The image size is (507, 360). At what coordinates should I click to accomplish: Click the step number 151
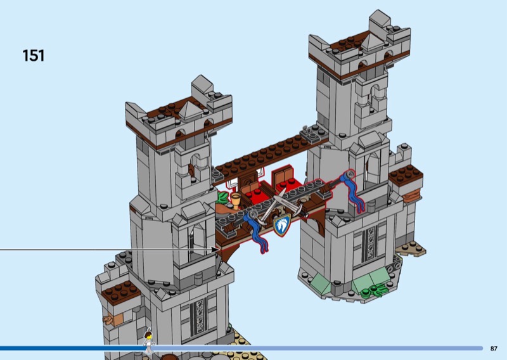pos(34,56)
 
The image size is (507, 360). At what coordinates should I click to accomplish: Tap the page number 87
pos(494,349)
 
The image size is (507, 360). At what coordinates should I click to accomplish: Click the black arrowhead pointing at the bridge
pos(215,249)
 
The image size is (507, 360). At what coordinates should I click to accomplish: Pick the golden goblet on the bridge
pos(236,200)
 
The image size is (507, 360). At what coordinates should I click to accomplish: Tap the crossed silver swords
pos(281,207)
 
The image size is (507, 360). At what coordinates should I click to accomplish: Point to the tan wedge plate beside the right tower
pos(411,248)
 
